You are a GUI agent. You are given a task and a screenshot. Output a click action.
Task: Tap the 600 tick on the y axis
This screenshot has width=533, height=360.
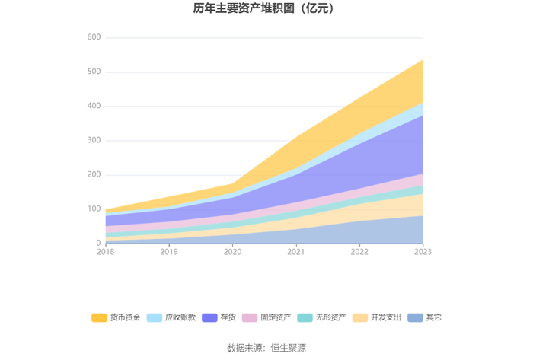94,37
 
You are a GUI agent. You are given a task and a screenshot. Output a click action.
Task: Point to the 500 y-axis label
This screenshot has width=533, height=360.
94,72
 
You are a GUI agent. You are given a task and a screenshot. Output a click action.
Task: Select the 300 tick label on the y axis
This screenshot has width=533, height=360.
94,140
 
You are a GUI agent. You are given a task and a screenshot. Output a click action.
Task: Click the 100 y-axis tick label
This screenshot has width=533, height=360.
94,209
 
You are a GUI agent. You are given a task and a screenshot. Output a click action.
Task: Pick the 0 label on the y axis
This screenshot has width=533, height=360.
98,243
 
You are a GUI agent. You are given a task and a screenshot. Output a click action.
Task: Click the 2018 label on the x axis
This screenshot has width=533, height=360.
105,252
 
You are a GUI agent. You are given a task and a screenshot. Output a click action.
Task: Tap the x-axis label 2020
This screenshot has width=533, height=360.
232,252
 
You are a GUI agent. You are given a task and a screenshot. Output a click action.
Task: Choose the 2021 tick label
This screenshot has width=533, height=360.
295,252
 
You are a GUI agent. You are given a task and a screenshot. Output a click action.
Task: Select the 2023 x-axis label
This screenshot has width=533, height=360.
423,252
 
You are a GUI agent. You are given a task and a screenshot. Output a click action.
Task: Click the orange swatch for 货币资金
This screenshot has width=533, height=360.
99,317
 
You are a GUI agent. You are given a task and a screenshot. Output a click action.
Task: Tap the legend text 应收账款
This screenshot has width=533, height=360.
180,317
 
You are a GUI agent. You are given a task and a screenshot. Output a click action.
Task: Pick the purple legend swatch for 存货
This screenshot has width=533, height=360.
209,317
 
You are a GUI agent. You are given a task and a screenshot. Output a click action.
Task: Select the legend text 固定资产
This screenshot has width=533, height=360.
276,317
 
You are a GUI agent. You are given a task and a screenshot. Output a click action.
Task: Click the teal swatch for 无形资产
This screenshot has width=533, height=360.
305,317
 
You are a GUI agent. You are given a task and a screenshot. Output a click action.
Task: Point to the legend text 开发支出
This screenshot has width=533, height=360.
386,317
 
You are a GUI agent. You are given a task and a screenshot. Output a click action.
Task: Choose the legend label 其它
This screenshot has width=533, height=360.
434,317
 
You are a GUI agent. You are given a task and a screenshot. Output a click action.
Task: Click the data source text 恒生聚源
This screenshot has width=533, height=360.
289,348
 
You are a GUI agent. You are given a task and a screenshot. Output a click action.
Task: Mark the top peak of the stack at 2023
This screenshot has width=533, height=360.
423,60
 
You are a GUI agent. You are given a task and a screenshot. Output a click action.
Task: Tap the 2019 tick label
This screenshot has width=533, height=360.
169,252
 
